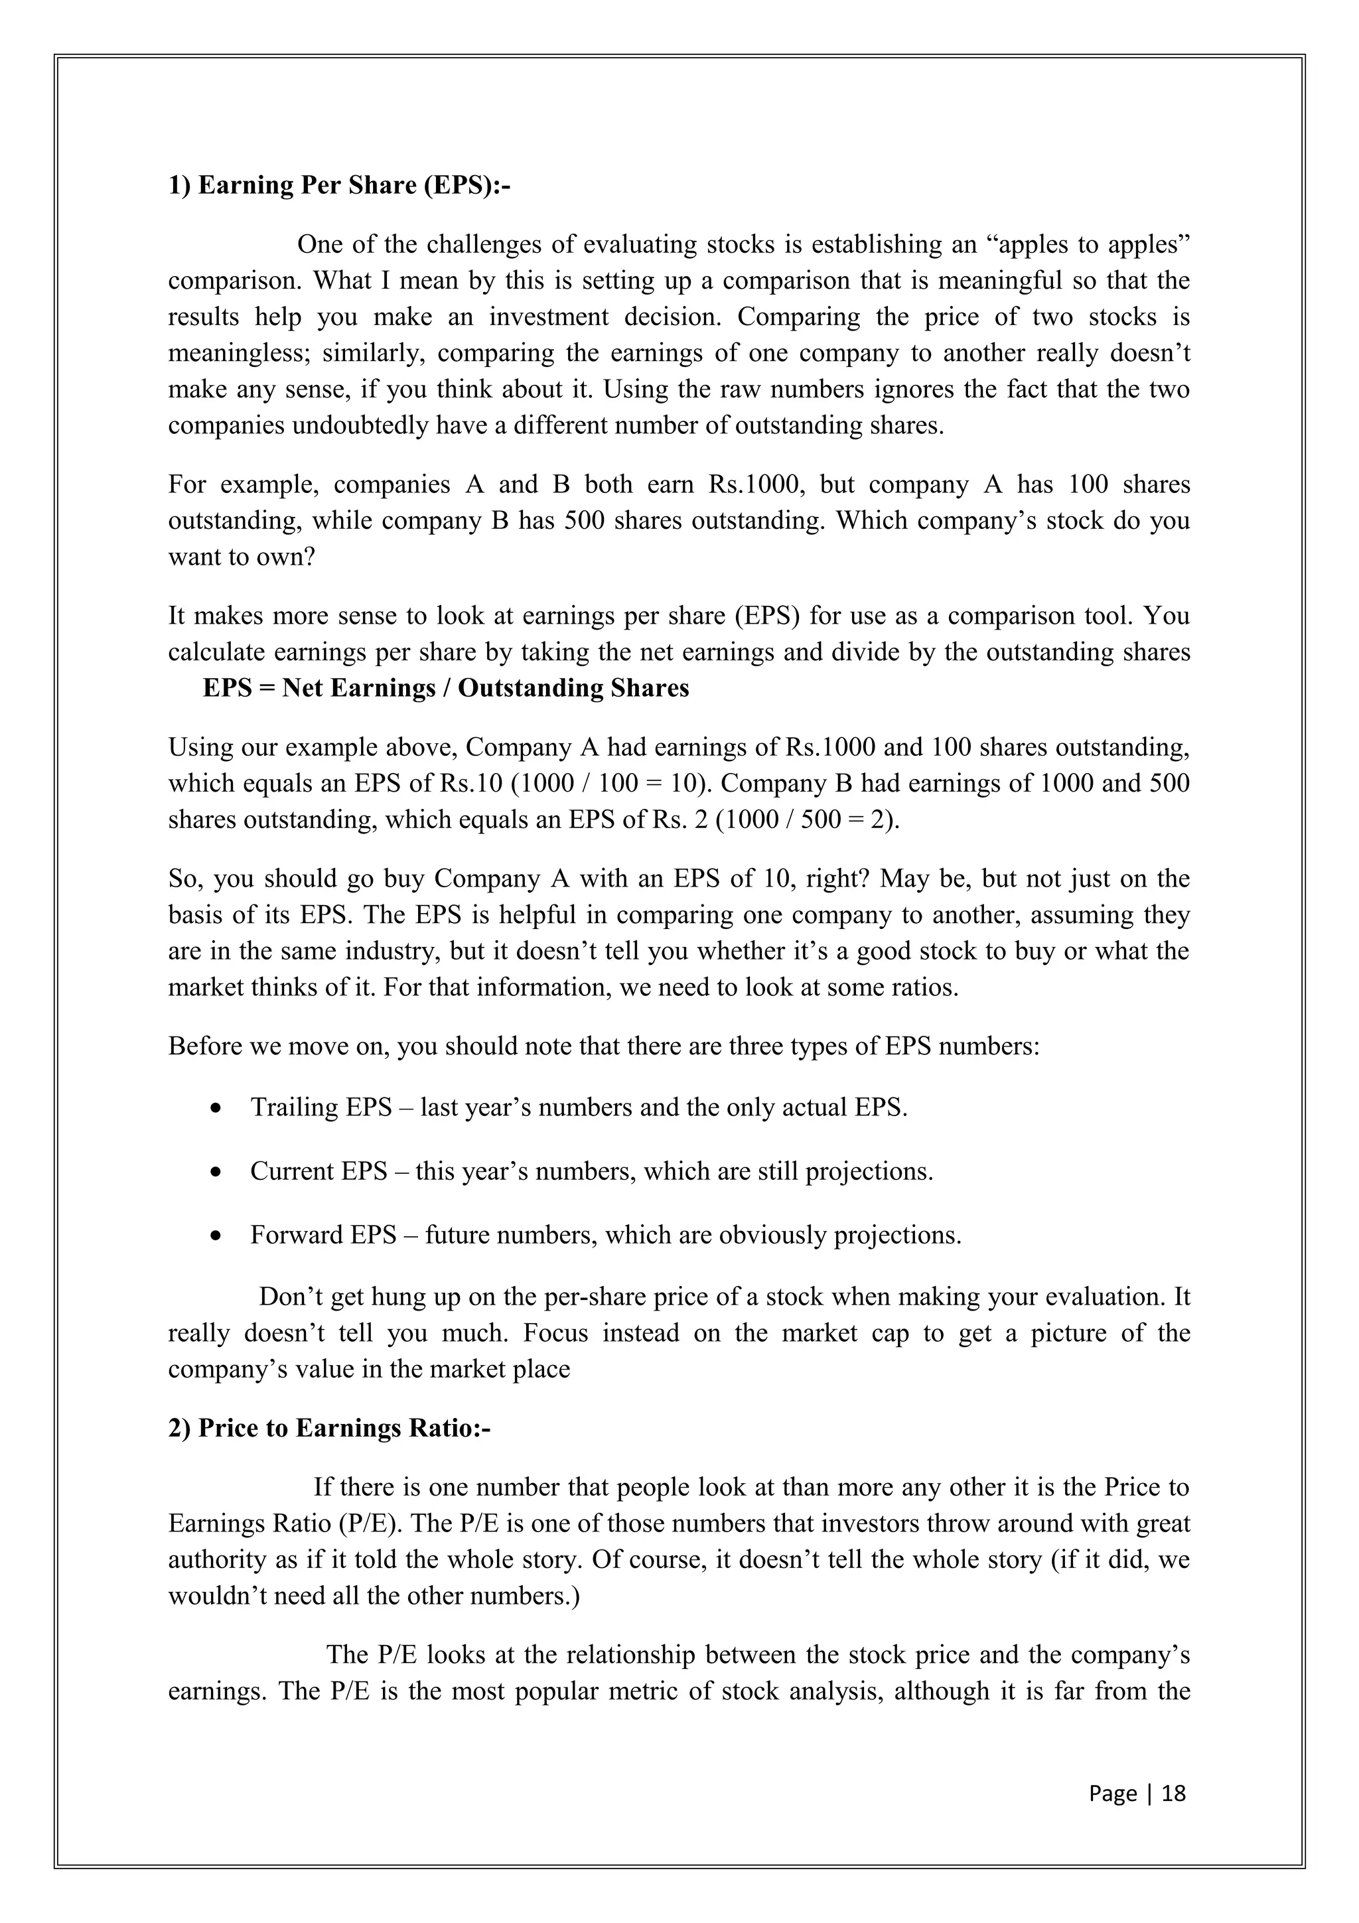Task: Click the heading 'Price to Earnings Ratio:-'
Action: click(x=343, y=1427)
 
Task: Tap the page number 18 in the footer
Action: click(x=1174, y=1792)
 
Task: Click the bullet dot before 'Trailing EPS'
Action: click(x=217, y=1109)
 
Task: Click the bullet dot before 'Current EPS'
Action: click(x=217, y=1173)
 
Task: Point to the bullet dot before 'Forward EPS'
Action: click(x=217, y=1236)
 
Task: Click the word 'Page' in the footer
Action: click(x=1112, y=1792)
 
